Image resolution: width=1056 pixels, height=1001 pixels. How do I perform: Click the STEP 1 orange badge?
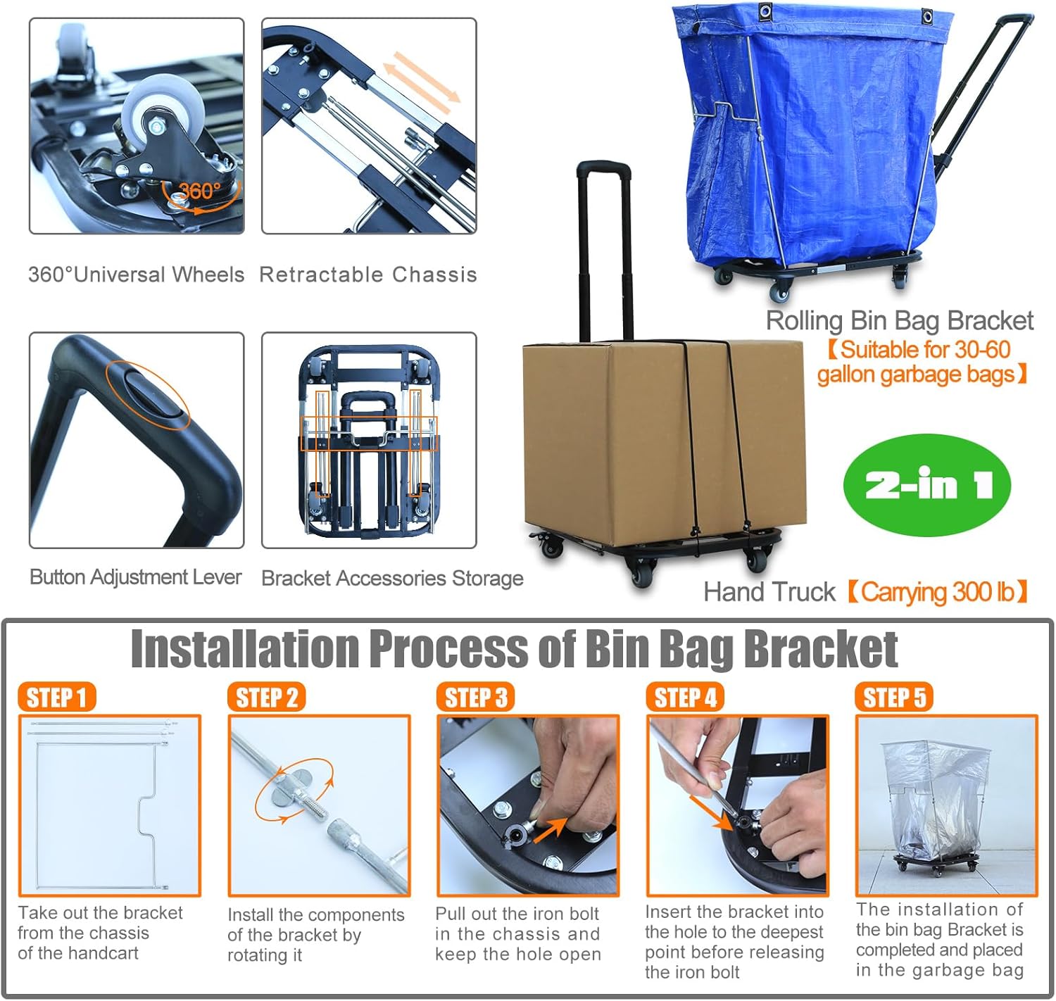[57, 697]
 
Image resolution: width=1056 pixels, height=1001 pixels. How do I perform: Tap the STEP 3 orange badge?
[475, 697]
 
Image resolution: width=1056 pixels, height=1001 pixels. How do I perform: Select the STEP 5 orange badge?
[894, 697]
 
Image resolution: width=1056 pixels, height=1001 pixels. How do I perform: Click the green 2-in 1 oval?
[927, 484]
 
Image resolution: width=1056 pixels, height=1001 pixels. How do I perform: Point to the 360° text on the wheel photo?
[199, 190]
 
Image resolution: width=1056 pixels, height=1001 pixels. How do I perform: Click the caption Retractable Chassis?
[368, 275]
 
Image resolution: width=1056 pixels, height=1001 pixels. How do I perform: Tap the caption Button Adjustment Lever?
[135, 577]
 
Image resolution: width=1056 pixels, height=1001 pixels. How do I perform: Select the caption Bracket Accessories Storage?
[392, 578]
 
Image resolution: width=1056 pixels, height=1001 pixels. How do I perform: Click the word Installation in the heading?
[244, 650]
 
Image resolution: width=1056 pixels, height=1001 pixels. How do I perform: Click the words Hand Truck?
[769, 592]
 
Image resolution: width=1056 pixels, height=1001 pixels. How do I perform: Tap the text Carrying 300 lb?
[938, 592]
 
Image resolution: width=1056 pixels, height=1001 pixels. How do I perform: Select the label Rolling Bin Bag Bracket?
[900, 321]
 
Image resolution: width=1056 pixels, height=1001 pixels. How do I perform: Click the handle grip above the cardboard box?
[603, 170]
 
